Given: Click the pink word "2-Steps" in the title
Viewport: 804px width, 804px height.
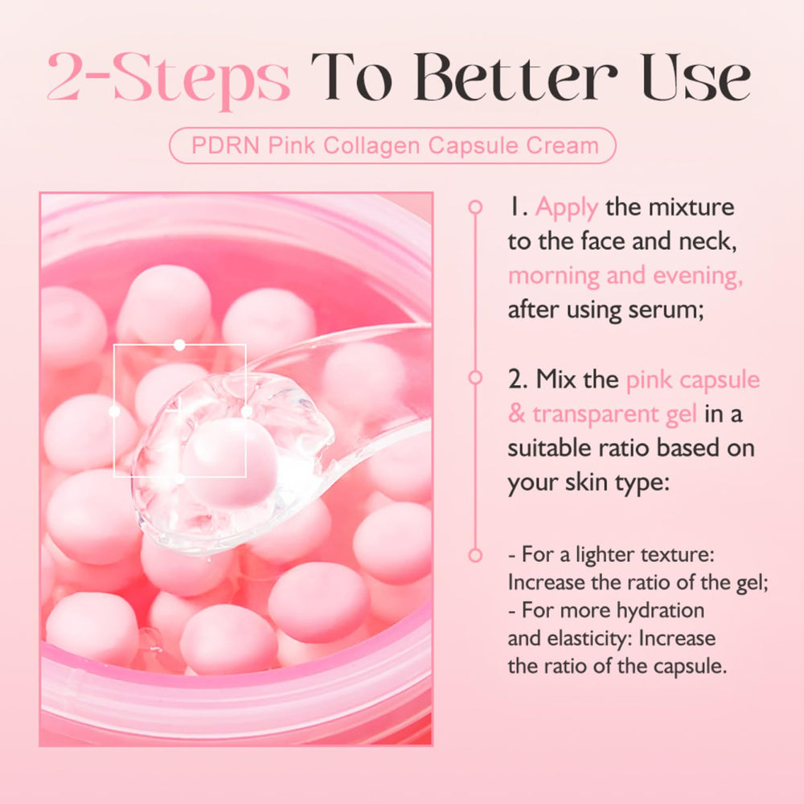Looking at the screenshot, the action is coord(169,78).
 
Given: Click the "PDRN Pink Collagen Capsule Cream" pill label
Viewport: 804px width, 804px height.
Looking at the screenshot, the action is coord(393,146).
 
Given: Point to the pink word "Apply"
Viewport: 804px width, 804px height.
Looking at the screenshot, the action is coord(567,208).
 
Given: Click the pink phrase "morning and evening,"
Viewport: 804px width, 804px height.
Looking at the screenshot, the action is coord(625,276).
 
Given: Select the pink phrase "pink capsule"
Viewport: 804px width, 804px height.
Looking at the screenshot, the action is coord(693,380).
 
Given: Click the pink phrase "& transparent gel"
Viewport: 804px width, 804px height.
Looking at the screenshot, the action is coord(602,414).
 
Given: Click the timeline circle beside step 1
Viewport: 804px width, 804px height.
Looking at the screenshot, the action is coord(475,207).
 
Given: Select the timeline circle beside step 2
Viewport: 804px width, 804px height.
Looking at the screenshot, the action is coord(475,377).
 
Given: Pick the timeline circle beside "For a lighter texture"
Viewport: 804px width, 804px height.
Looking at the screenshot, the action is coord(475,555).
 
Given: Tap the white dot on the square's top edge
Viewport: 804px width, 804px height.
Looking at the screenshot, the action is coord(179,345).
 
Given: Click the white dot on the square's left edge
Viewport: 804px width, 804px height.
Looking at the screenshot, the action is coord(114,411).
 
